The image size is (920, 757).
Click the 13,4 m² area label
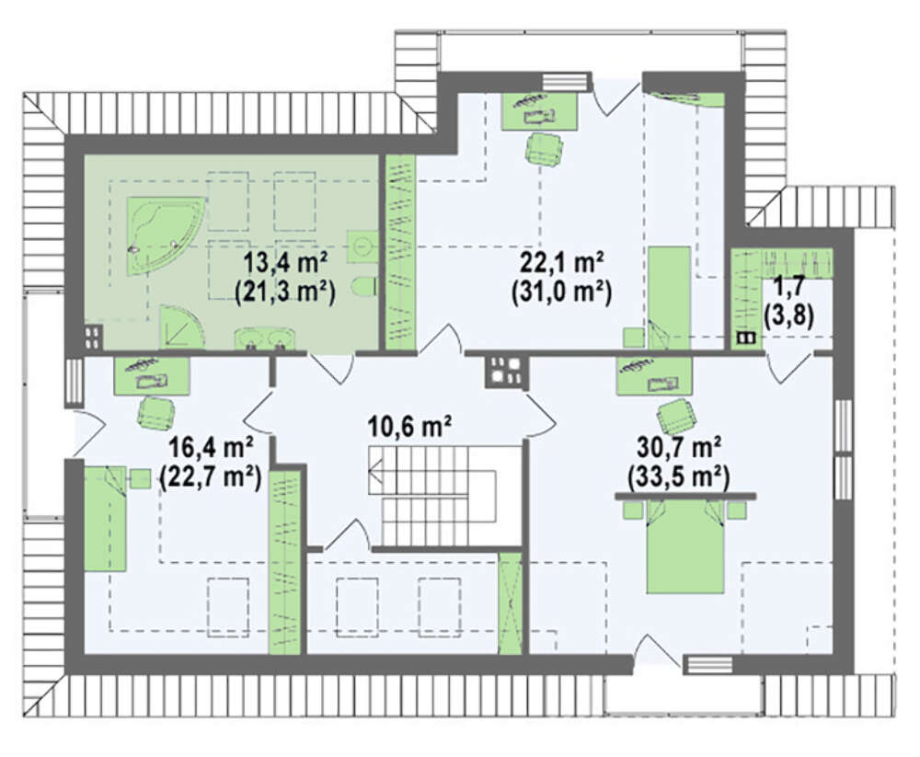coord(286,262)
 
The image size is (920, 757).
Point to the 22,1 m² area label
coord(562,262)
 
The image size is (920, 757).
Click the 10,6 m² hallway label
coord(409,426)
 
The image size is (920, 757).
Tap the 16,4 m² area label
coord(211,448)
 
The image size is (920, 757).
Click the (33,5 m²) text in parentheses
coord(679,477)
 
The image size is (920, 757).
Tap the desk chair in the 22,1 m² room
coord(545,149)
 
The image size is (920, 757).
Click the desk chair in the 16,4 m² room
coord(156,412)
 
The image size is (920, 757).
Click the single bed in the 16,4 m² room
coord(105,518)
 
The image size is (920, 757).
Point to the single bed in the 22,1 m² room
coord(669,298)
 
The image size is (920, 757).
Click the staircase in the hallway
coord(444,496)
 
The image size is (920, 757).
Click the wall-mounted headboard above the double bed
coord(684,496)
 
